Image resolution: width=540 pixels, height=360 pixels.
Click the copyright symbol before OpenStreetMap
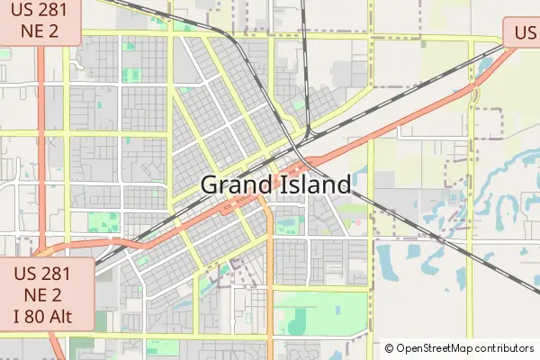point(390,347)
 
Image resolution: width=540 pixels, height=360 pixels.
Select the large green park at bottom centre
point(324,310)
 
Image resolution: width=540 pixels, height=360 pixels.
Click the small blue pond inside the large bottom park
point(337,310)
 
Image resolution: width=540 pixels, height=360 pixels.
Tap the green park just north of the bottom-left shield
point(103,222)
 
